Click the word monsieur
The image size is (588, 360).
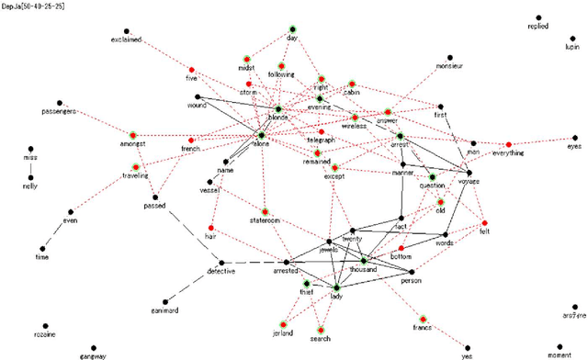click(450, 66)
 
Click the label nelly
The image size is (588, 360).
click(30, 186)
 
